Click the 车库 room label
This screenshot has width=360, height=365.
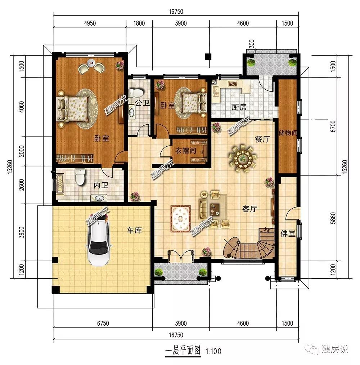click(x=134, y=230)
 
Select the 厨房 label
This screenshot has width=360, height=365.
click(x=239, y=107)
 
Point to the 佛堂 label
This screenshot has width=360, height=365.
click(x=288, y=233)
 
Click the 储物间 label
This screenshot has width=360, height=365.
click(x=288, y=133)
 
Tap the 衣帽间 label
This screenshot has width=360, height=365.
click(x=186, y=151)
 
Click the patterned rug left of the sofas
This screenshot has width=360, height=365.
click(x=181, y=219)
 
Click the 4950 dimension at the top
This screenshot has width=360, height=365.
click(x=90, y=23)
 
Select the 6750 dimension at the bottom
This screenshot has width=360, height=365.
click(x=103, y=323)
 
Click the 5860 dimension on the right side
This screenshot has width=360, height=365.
click(x=333, y=218)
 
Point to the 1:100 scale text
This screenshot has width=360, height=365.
click(x=213, y=351)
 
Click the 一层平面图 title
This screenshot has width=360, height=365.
click(x=183, y=350)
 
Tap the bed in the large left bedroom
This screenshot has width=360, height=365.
click(x=73, y=107)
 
